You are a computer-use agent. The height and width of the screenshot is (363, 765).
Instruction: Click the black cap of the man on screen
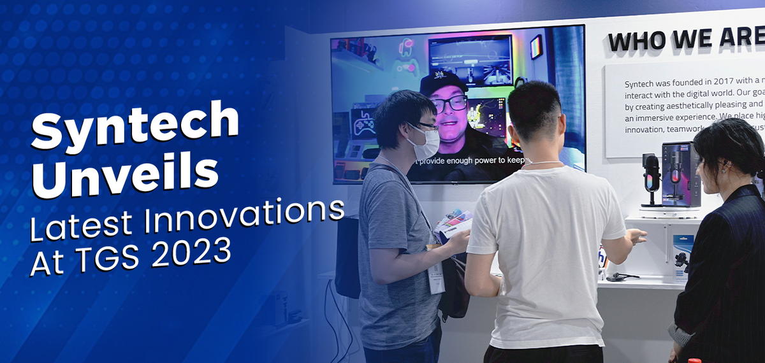click(441, 83)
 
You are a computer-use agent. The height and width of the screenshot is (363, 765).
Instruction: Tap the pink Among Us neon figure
click(404, 54)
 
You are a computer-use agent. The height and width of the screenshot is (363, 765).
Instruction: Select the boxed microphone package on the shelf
click(681, 174)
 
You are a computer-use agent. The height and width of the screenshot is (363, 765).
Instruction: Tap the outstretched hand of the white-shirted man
click(634, 237)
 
